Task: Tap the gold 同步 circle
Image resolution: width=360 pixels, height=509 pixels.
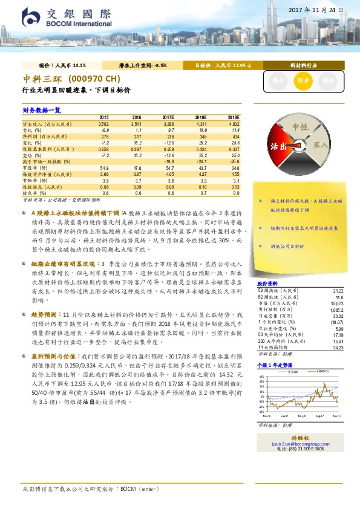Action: pyautogui.click(x=303, y=80)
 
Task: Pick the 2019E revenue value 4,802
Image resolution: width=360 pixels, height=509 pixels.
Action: pyautogui.click(x=232, y=123)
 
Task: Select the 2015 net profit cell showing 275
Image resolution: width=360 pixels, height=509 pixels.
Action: pyautogui.click(x=103, y=137)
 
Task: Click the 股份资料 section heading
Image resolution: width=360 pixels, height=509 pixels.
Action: pyautogui.click(x=267, y=284)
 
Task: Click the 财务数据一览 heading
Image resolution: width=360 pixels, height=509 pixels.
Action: pyautogui.click(x=42, y=110)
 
